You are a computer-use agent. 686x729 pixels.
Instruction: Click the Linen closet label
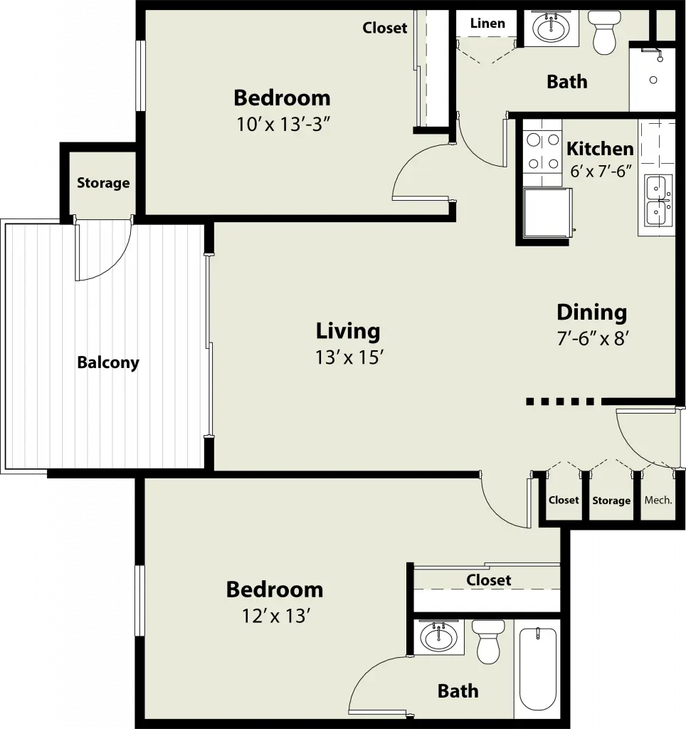click(x=487, y=23)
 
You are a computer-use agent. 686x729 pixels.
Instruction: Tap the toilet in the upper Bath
click(x=603, y=33)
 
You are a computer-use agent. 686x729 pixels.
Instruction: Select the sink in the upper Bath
click(x=551, y=28)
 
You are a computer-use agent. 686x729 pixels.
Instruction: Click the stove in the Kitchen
click(x=543, y=152)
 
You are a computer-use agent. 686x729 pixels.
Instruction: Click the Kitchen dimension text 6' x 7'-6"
click(x=601, y=171)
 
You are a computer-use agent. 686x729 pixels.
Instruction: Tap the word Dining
click(x=591, y=313)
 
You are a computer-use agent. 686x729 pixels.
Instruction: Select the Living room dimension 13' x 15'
click(x=349, y=357)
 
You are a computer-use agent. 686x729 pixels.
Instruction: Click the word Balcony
click(x=108, y=362)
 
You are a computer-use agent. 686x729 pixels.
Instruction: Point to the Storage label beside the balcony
click(x=103, y=183)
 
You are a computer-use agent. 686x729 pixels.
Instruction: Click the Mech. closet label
click(x=658, y=500)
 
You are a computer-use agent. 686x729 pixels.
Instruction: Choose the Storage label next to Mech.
click(x=611, y=500)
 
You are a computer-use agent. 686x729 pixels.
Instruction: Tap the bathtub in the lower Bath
click(x=538, y=669)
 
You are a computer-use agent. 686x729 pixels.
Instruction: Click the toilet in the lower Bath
click(x=487, y=641)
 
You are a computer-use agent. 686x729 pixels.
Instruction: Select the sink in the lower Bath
click(x=438, y=636)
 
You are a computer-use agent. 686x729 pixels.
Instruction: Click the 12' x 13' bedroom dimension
click(x=276, y=616)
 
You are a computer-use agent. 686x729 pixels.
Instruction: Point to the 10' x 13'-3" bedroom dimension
click(x=283, y=125)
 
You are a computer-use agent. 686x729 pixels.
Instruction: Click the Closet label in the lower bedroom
click(x=488, y=579)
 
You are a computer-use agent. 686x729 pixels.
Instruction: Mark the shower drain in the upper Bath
click(x=653, y=80)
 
